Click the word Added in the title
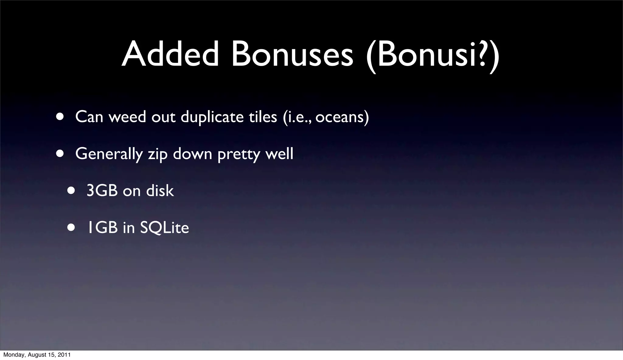(170, 54)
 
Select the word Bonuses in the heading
(292, 54)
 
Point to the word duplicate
(212, 117)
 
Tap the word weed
(127, 116)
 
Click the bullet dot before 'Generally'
(60, 154)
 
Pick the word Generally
(109, 154)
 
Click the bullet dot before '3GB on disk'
(71, 191)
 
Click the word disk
(160, 191)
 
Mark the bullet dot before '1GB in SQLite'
(71, 228)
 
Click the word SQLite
(164, 228)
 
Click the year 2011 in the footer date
(65, 355)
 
